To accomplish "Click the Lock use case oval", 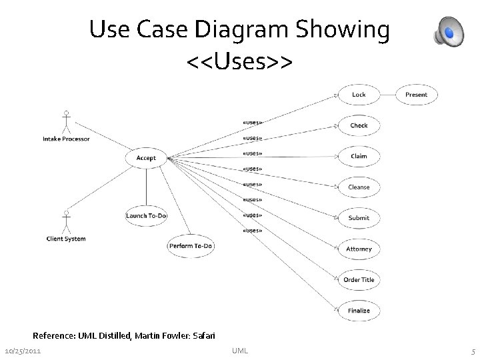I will (359, 95).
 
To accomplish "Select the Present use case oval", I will (416, 95).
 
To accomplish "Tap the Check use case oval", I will (359, 125).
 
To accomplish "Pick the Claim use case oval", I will (359, 156).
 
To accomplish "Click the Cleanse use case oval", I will (359, 187).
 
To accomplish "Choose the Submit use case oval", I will (359, 218).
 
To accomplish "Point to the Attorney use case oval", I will (359, 249).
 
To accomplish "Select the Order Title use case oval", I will (359, 280).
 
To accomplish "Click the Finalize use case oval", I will (359, 311).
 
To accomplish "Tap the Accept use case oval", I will (146, 158).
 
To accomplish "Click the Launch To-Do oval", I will (147, 215).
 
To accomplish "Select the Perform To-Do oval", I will (191, 246).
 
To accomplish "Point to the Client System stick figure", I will (66, 222).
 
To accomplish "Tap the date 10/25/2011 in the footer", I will (22, 351).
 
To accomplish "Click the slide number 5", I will (472, 351).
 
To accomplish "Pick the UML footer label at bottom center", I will (240, 351).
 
